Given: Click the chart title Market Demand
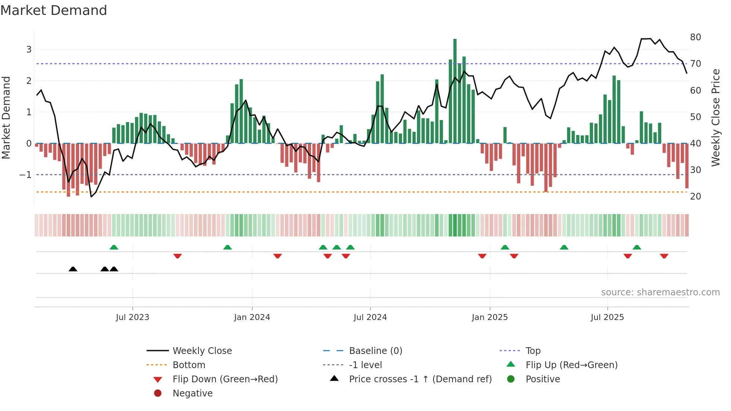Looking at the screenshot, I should [54, 10].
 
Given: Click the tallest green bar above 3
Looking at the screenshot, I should [455, 90].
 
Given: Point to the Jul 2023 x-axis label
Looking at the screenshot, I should [132, 317].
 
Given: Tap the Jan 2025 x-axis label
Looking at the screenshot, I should [489, 317].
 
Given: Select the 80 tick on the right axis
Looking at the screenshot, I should [695, 37].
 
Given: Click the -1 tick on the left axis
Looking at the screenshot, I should [25, 175].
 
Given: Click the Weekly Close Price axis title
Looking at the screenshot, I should [715, 117].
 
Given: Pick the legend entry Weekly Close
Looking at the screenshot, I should [202, 351].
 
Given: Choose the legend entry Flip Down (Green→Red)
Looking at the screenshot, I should [225, 379].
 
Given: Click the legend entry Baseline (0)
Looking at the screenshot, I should [375, 351].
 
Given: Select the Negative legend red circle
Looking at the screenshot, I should [158, 393].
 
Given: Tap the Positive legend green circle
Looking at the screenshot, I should [511, 379].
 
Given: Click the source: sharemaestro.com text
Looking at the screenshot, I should [660, 292].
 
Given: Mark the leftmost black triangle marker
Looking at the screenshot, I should [73, 269].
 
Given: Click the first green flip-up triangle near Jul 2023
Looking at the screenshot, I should [114, 247].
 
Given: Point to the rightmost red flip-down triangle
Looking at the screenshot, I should [664, 256].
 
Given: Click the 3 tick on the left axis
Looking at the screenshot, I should [29, 50].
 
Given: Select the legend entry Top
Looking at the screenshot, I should [533, 351].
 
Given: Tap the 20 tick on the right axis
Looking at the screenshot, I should [695, 197].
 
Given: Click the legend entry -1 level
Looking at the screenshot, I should [365, 365].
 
